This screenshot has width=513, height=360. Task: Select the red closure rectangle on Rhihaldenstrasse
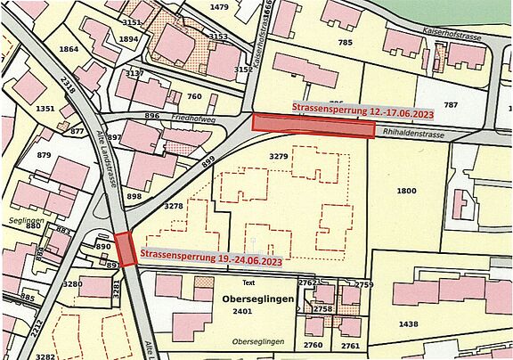[313, 127]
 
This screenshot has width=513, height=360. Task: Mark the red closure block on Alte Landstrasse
[126, 249]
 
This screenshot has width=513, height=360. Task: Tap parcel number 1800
[406, 191]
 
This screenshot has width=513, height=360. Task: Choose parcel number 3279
[279, 157]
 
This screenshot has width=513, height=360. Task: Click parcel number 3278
[175, 206]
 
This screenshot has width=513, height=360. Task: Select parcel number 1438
[410, 324]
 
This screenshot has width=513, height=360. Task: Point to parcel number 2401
[243, 313]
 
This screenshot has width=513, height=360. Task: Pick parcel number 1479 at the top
[219, 7]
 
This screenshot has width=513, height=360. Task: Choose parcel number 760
[195, 96]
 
